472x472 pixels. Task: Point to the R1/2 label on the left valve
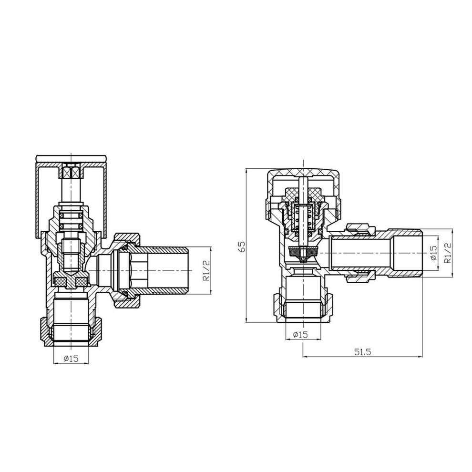click(x=206, y=271)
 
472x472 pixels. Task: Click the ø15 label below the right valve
click(x=300, y=334)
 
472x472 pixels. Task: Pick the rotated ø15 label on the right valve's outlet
click(x=433, y=253)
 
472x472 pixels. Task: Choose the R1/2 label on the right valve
click(x=448, y=253)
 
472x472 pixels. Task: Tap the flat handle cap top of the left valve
click(x=71, y=158)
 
